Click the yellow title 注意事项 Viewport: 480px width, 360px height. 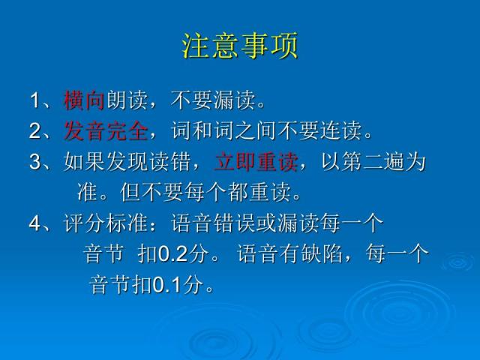tap(240, 46)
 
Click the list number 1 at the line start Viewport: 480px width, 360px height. tap(35, 101)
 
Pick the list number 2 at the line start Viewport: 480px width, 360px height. tap(35, 132)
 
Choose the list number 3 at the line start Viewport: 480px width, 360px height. tap(35, 163)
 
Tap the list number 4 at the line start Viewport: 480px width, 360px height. tap(35, 223)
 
